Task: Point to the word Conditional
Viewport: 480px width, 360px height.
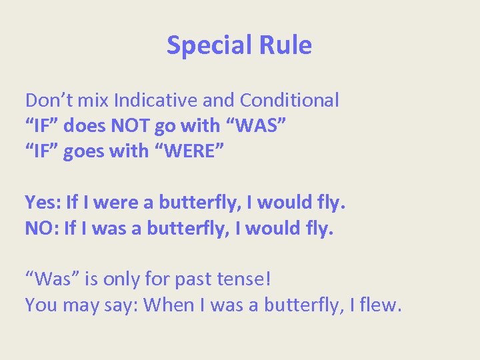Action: click(289, 101)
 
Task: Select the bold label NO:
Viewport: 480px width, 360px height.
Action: click(42, 228)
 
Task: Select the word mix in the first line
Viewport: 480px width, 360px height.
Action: click(93, 101)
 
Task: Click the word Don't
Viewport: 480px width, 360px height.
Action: click(47, 101)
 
